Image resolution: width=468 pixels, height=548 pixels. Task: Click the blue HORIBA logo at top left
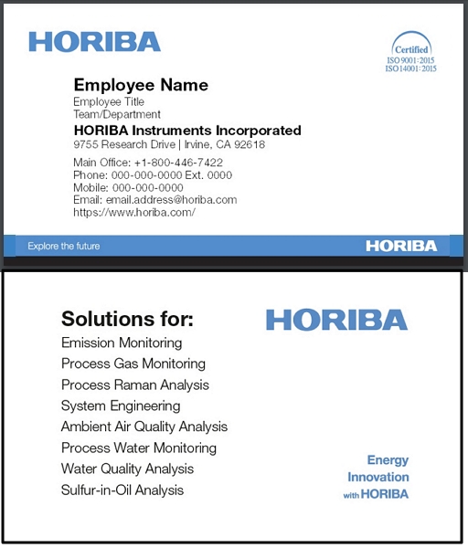pos(94,41)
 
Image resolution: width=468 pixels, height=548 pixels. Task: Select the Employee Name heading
pos(141,85)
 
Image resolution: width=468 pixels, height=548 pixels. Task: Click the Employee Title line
pos(109,102)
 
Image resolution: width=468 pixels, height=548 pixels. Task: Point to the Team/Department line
pos(117,115)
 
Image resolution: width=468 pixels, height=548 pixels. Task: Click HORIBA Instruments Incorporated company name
pos(187,131)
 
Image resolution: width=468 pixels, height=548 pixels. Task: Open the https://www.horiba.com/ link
pos(134,212)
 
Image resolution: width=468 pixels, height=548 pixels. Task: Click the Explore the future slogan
pos(64,246)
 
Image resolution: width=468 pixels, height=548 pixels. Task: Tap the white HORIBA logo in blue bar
pos(401,246)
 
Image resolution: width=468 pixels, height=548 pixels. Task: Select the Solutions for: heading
pos(127,320)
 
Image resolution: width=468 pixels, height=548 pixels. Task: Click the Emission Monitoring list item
pos(122,343)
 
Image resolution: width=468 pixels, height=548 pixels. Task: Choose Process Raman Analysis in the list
pos(135,385)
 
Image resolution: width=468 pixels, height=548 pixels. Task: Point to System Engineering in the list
pos(121,406)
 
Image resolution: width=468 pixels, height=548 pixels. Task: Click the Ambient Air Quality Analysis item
pos(144,427)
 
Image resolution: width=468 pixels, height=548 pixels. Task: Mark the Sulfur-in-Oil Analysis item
pos(122,490)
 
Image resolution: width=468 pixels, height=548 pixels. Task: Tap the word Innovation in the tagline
pos(378,478)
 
